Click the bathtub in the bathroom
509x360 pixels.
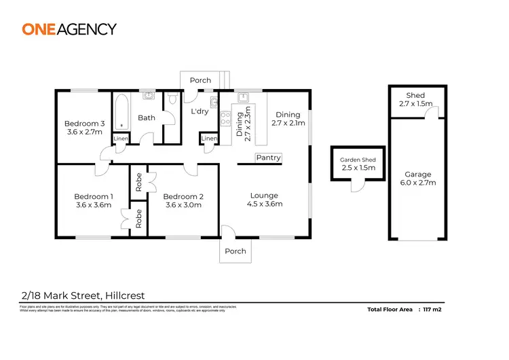[122, 112]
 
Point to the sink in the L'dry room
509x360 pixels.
[214, 103]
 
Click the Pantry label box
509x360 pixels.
[268, 158]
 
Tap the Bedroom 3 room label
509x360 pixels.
[85, 123]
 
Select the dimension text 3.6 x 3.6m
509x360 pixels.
[93, 205]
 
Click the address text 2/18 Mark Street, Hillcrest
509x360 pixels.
[82, 295]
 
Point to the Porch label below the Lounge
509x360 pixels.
[235, 251]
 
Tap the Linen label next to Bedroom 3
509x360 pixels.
[120, 139]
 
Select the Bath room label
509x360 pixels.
[147, 118]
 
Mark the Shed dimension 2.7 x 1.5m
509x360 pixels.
[415, 104]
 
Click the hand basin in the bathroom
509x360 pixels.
[147, 96]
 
